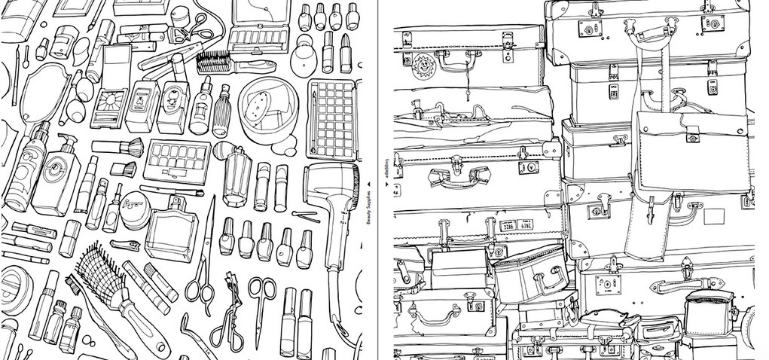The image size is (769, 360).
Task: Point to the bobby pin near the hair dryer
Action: coord(304,217)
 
